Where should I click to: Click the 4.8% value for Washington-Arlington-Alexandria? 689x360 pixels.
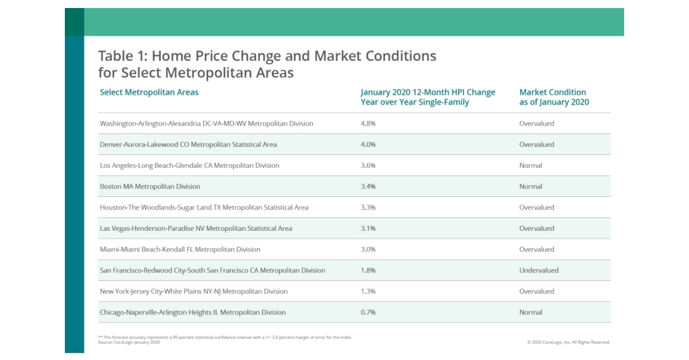[368, 123]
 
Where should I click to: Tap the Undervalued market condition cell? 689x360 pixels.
[539, 270]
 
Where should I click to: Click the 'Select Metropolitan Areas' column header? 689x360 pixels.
[149, 92]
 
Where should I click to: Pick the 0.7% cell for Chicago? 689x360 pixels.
[367, 312]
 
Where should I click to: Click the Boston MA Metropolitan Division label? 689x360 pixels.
[150, 187]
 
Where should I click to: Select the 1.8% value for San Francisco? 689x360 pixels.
[367, 270]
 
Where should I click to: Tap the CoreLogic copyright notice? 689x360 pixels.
[568, 342]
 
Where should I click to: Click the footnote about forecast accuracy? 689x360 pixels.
[224, 337]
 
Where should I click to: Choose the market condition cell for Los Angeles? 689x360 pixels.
[531, 165]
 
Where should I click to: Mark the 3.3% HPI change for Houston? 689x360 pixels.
[368, 207]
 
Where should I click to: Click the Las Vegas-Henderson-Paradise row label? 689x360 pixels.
[196, 229]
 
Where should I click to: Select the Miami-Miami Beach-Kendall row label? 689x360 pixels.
[180, 250]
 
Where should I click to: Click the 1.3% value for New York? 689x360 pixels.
[367, 292]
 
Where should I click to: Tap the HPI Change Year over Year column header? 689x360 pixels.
[427, 97]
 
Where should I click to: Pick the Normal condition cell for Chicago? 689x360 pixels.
[531, 312]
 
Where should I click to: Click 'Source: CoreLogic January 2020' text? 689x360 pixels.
[129, 342]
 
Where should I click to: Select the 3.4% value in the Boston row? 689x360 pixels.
[368, 187]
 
